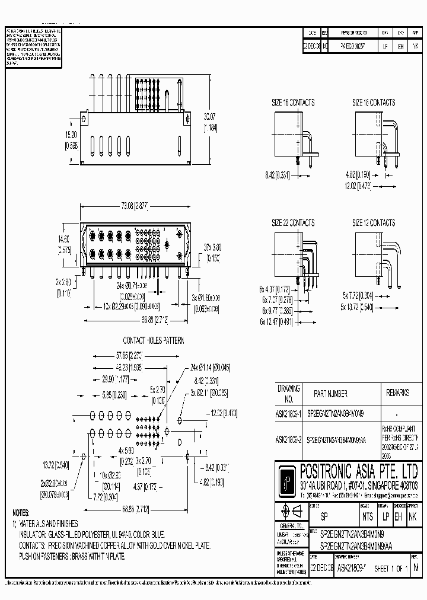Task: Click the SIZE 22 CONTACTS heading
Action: pos(293,223)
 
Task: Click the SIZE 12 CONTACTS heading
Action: pos(374,223)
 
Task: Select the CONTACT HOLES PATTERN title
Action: pos(154,341)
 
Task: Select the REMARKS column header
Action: pos(397,393)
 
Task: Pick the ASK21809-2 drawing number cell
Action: pos(289,440)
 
